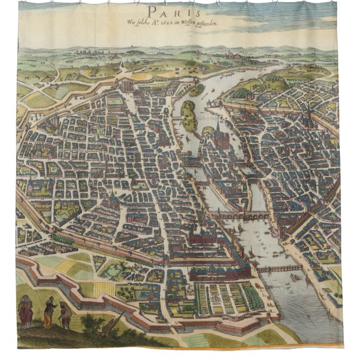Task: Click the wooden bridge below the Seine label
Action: click(280, 269)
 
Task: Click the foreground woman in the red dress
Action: click(26, 312)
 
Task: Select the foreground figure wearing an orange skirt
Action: click(50, 313)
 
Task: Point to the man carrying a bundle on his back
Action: click(65, 316)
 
